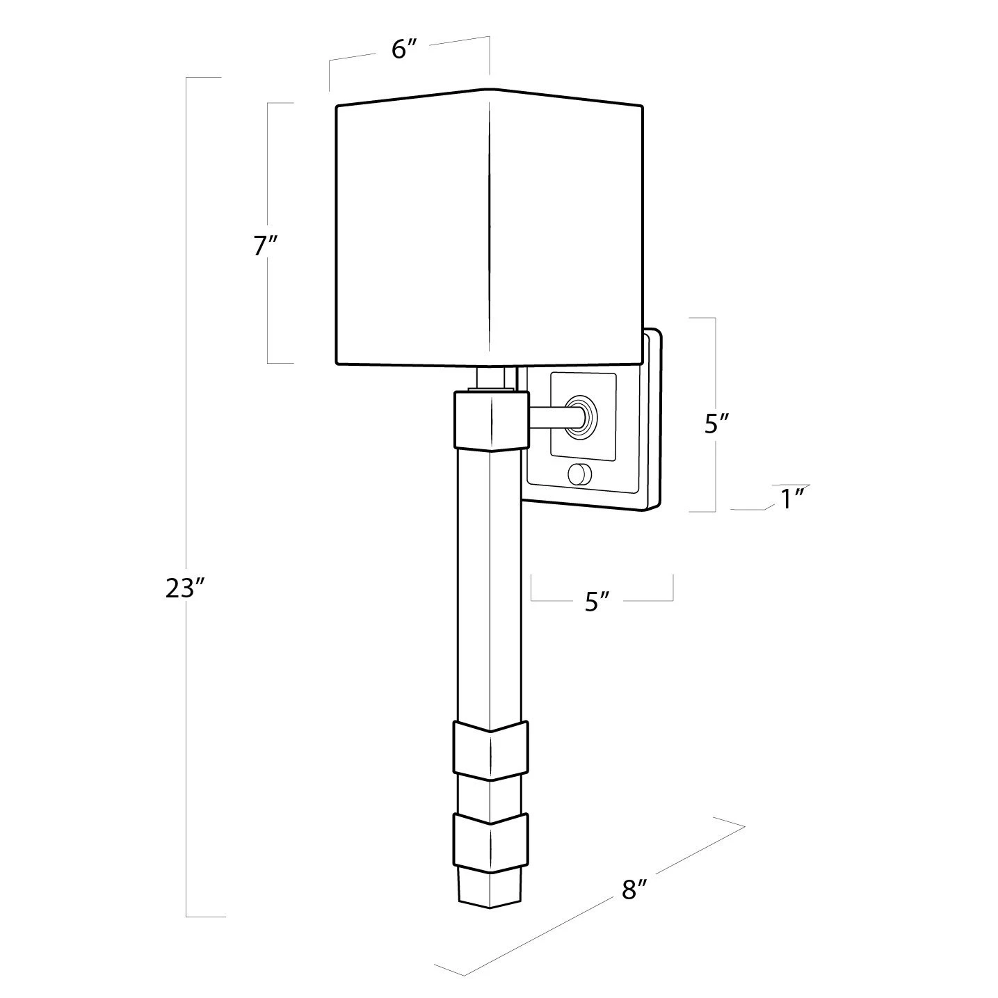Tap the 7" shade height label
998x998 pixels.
point(266,246)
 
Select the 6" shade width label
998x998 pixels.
point(404,49)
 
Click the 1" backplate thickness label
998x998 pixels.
point(792,499)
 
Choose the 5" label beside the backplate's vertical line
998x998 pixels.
point(717,424)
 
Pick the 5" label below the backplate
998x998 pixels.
point(597,602)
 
